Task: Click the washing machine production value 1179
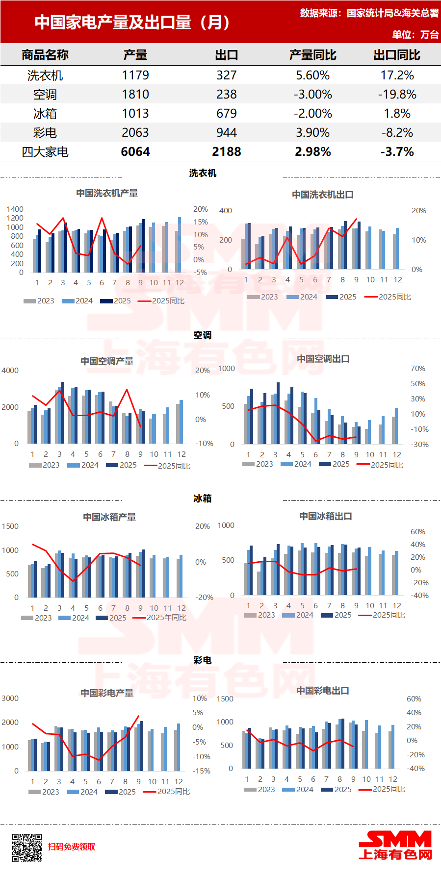(x=135, y=75)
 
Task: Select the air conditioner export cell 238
(x=227, y=95)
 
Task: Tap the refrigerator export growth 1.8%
(x=397, y=114)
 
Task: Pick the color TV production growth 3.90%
(x=312, y=133)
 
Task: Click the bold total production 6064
(x=135, y=152)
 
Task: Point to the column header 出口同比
(x=397, y=55)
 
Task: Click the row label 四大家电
(x=45, y=152)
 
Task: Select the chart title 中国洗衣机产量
(x=107, y=193)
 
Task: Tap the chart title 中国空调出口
(x=323, y=359)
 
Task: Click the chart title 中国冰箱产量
(x=109, y=517)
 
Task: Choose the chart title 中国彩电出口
(x=323, y=691)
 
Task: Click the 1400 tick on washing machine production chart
(x=15, y=209)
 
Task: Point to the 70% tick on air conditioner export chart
(x=418, y=369)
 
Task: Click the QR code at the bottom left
(x=27, y=848)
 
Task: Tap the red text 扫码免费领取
(x=72, y=847)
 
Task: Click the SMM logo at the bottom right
(x=395, y=846)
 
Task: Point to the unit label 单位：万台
(x=415, y=35)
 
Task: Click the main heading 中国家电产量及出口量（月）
(x=132, y=23)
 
